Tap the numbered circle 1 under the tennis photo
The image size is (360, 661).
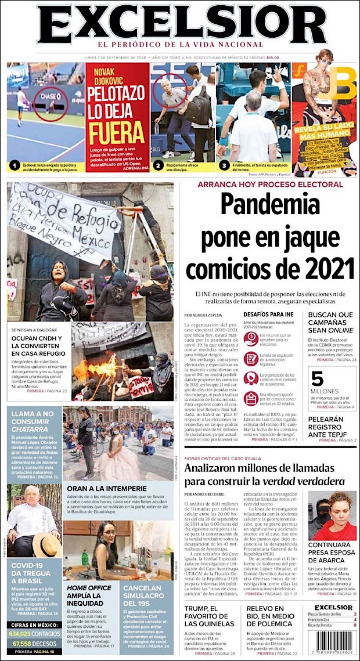(x=15, y=166)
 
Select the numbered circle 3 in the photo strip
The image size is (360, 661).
(x=224, y=166)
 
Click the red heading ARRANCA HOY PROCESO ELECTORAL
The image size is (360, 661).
(x=270, y=184)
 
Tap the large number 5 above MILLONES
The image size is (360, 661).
(x=317, y=378)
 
